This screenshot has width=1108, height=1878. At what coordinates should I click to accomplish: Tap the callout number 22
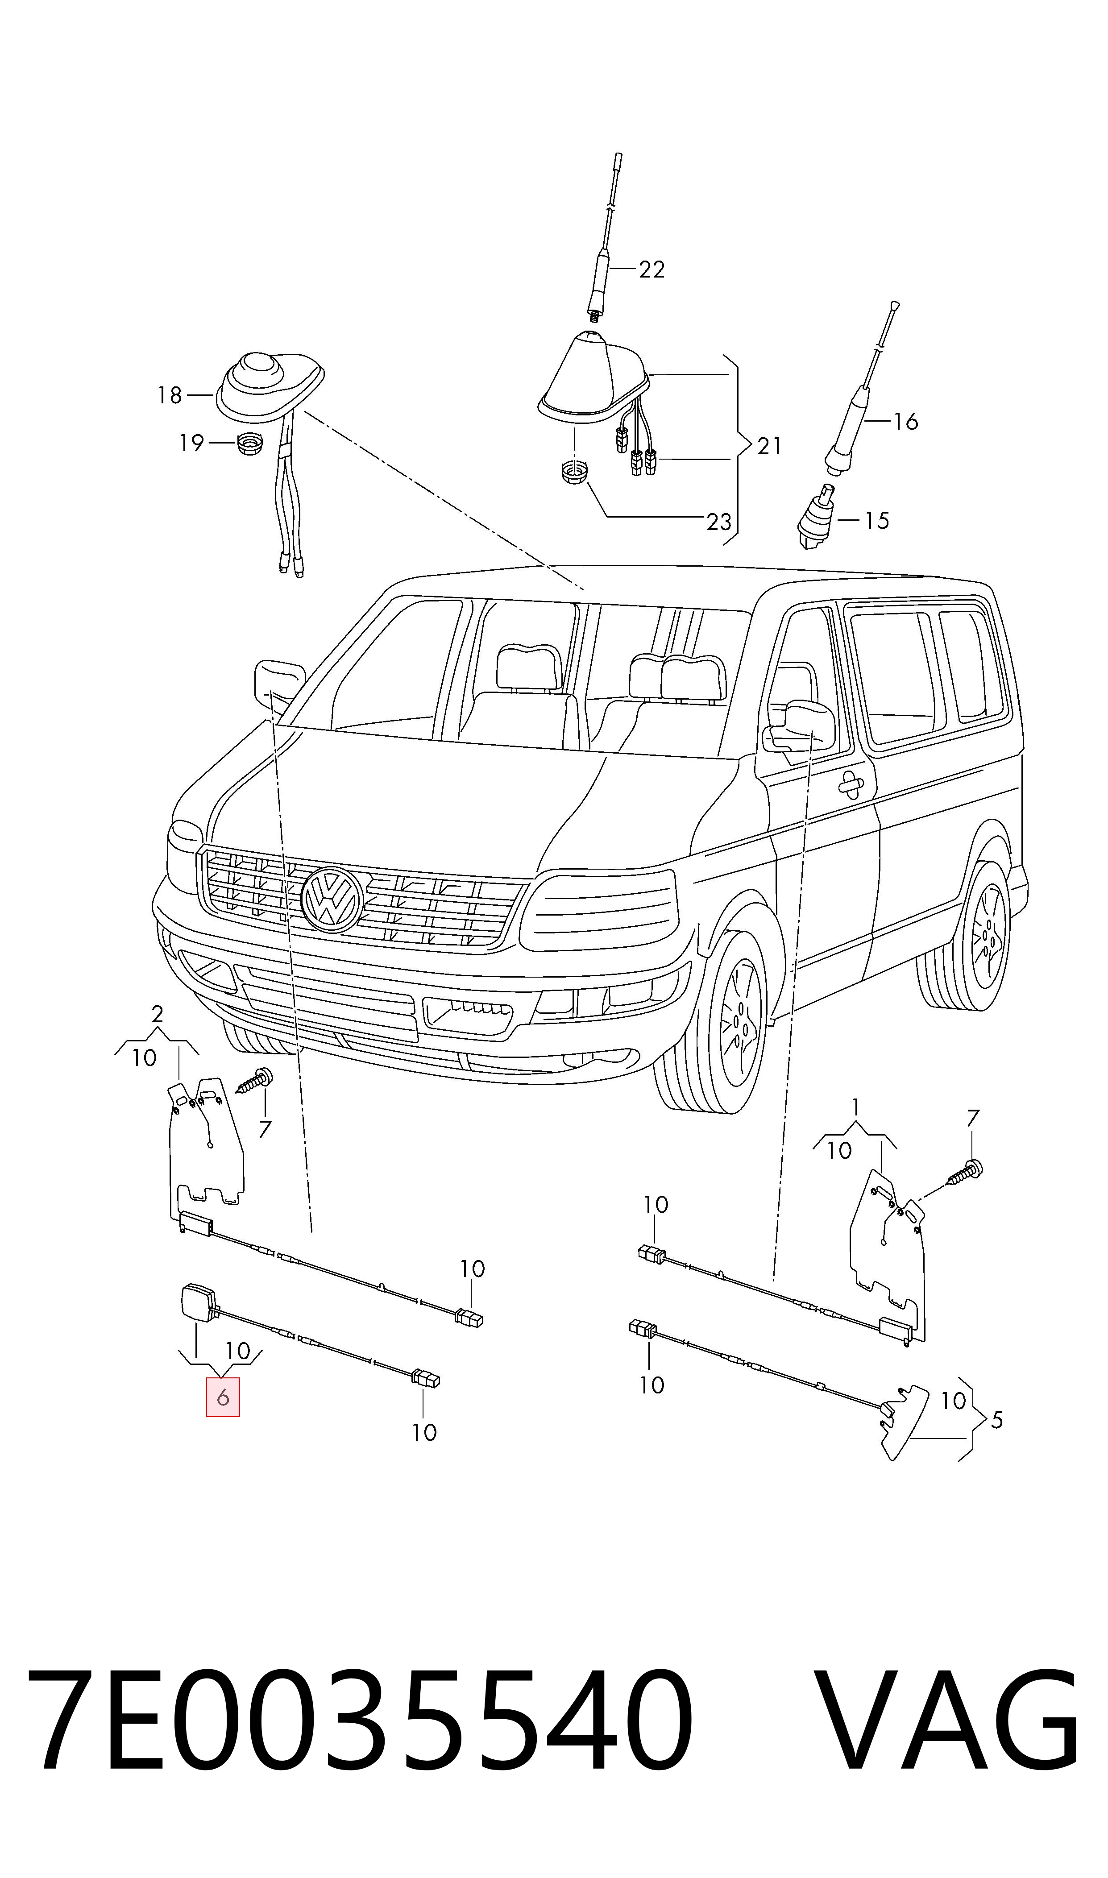tap(652, 269)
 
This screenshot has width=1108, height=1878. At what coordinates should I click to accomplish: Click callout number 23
tap(719, 521)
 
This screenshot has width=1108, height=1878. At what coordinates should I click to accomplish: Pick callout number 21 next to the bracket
tap(769, 446)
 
